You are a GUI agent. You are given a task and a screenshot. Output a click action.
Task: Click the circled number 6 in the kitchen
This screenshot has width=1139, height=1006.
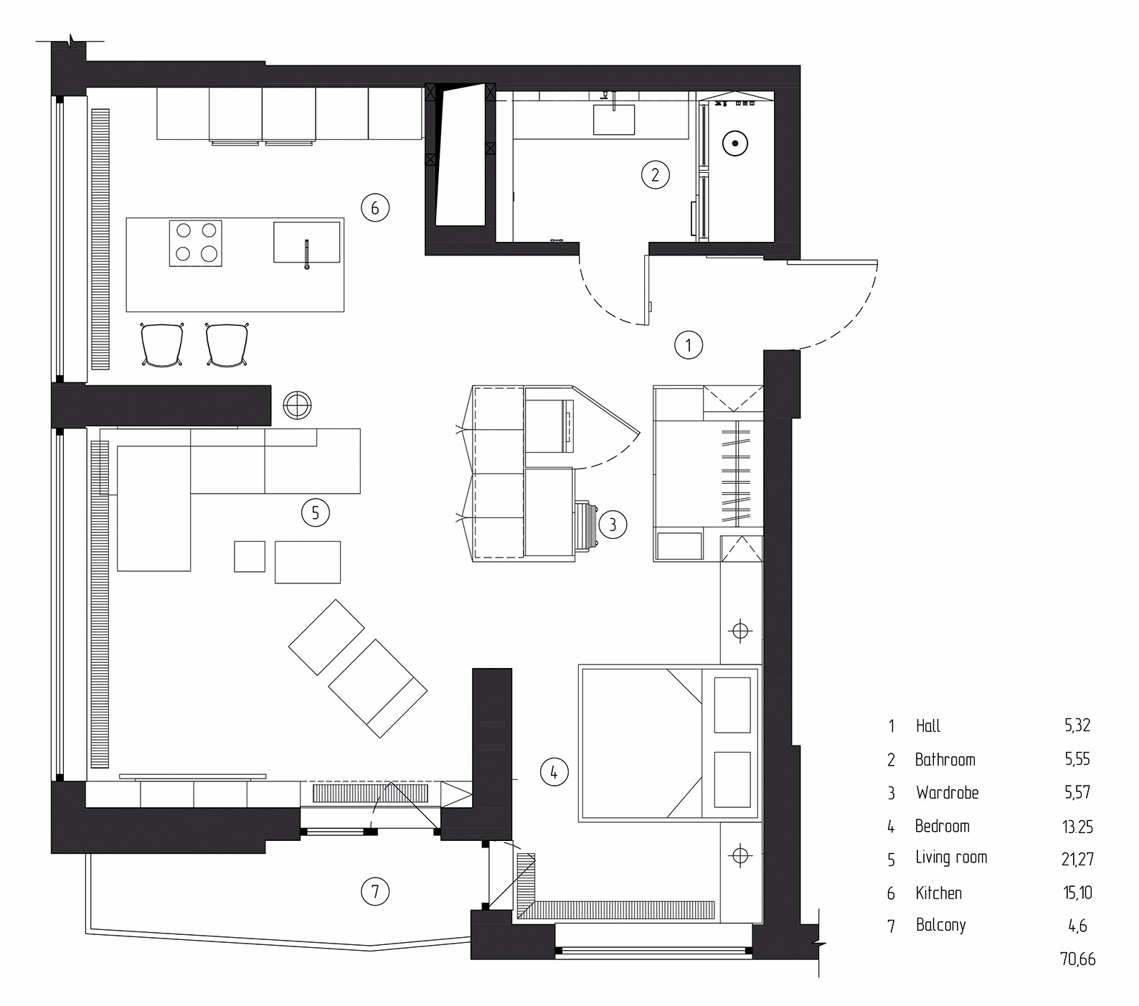coord(375,208)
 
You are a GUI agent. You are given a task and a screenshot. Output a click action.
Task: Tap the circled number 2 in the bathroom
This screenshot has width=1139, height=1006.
coord(655,174)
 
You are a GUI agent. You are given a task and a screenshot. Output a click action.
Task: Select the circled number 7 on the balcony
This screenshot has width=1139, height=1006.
coord(375,892)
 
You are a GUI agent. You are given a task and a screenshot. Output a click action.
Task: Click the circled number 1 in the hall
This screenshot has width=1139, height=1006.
coord(689,345)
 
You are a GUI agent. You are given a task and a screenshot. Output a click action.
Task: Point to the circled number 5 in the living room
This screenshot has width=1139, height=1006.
coord(316,512)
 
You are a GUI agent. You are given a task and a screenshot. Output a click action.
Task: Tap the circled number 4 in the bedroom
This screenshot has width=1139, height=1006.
coord(554,772)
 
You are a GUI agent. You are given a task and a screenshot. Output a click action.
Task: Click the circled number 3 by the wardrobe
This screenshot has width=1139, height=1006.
coord(613,525)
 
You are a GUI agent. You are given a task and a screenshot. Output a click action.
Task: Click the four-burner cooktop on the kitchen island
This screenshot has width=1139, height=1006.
coord(196,243)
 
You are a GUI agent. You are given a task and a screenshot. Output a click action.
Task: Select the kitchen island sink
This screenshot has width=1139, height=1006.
coord(306,242)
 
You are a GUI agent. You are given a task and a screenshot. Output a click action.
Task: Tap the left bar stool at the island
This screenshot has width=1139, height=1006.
coord(164,345)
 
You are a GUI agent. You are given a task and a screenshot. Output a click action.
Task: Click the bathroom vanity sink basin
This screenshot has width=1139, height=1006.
coord(614,119)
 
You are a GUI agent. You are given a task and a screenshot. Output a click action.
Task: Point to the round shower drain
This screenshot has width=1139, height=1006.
coord(735,144)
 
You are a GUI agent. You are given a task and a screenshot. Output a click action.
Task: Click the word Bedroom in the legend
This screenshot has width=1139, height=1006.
coord(942,826)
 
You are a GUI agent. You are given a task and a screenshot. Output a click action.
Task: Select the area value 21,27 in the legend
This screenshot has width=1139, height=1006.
coord(1077,859)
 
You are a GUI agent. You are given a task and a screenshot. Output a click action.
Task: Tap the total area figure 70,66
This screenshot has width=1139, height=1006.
coord(1077,959)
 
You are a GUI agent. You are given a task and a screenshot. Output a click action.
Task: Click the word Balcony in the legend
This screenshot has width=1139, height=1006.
coord(940,926)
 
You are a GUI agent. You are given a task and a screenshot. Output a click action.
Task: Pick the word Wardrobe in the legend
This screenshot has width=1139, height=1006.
coord(947,793)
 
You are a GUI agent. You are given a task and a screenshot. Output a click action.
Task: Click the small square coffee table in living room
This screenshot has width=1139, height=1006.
coord(250,556)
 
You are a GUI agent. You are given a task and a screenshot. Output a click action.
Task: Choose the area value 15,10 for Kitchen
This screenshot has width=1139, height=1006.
coord(1077,893)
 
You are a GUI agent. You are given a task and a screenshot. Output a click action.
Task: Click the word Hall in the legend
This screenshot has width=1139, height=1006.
coord(928,725)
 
